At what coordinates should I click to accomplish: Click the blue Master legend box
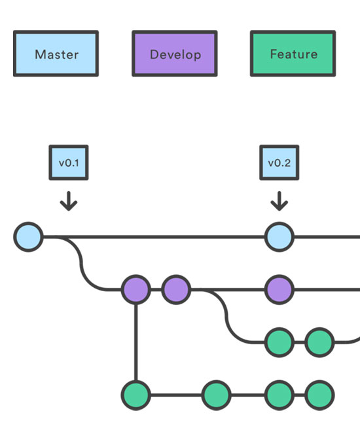(x=56, y=54)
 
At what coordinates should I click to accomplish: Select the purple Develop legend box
(x=175, y=54)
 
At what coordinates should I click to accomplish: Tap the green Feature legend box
(x=293, y=54)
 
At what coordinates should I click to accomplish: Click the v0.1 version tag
(x=69, y=162)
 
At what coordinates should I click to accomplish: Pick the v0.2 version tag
(x=279, y=162)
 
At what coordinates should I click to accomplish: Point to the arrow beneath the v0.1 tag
(x=69, y=200)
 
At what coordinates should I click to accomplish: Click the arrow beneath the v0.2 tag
(x=279, y=200)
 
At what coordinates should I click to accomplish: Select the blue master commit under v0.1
(x=29, y=236)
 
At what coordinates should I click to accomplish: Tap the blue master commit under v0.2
(x=279, y=236)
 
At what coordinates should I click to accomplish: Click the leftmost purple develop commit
(x=135, y=289)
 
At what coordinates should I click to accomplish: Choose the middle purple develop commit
(x=175, y=289)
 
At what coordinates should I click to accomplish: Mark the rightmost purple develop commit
(x=279, y=289)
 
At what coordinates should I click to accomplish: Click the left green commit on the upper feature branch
(x=279, y=341)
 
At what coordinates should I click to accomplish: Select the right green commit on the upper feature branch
(x=319, y=341)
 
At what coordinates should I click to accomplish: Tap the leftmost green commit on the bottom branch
(x=135, y=395)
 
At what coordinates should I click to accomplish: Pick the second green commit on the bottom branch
(x=217, y=395)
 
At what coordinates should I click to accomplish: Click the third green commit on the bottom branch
(x=279, y=395)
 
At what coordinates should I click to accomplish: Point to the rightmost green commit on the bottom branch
(x=319, y=395)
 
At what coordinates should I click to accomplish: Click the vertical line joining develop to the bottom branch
(x=135, y=342)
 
